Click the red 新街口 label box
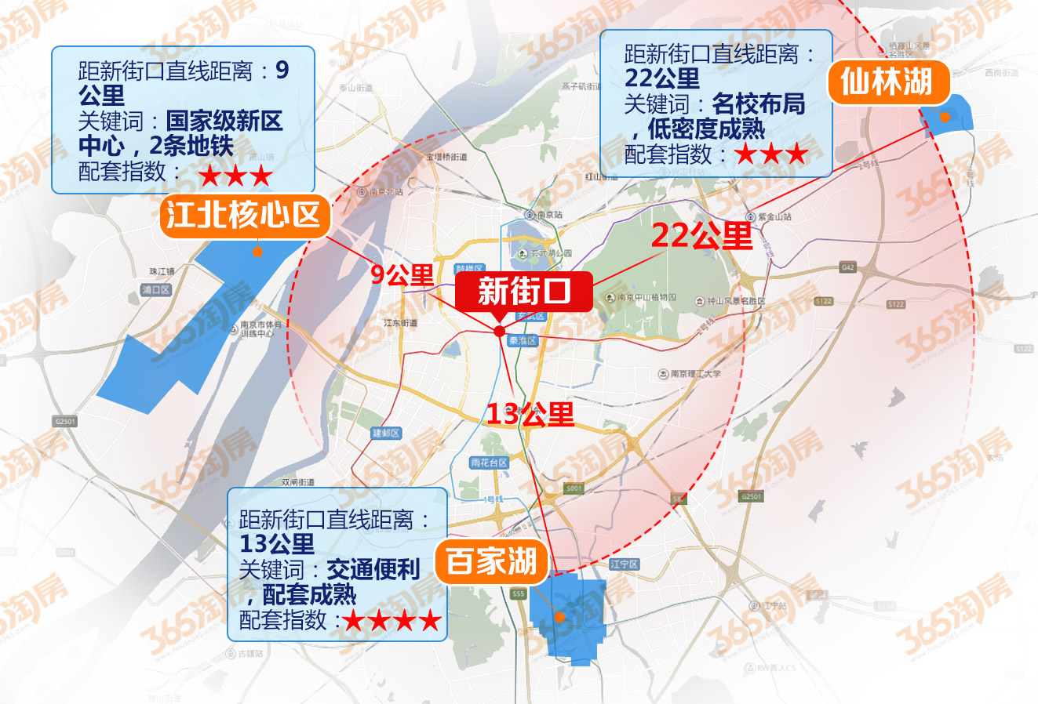(524, 292)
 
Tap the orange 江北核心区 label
(245, 216)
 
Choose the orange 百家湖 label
(491, 561)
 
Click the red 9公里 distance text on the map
(402, 274)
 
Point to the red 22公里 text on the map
(701, 235)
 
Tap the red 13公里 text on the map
(530, 414)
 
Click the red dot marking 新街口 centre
(500, 332)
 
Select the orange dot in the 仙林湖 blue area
(945, 117)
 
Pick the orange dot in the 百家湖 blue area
(560, 617)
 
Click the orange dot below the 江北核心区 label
(257, 252)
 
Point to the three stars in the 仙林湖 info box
(771, 154)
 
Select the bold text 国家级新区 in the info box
(224, 122)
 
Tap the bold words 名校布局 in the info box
(759, 103)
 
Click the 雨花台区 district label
(489, 463)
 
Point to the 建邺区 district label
(386, 434)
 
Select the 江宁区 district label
(625, 564)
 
